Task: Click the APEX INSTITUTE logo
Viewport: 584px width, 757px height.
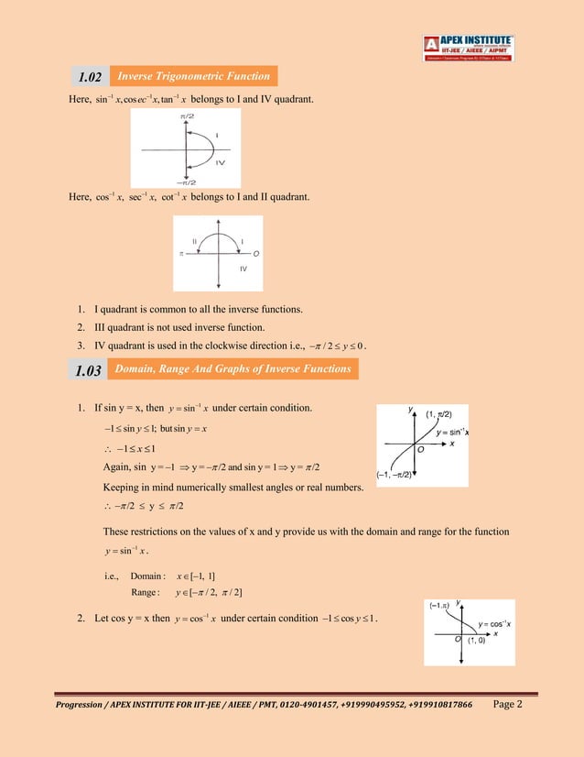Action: pos(468,48)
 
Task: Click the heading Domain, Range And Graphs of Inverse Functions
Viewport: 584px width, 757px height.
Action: pos(233,368)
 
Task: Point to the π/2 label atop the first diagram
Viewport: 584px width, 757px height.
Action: pos(187,115)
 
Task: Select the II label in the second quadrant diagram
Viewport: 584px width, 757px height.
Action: pos(195,238)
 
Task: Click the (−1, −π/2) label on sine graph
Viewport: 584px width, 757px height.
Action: pos(396,475)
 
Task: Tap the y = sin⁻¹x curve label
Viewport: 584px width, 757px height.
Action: pos(453,432)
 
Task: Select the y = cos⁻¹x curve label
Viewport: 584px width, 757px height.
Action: pos(494,623)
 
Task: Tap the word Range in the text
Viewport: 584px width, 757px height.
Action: pos(146,593)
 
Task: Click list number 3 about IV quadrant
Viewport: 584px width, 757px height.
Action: pos(81,346)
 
